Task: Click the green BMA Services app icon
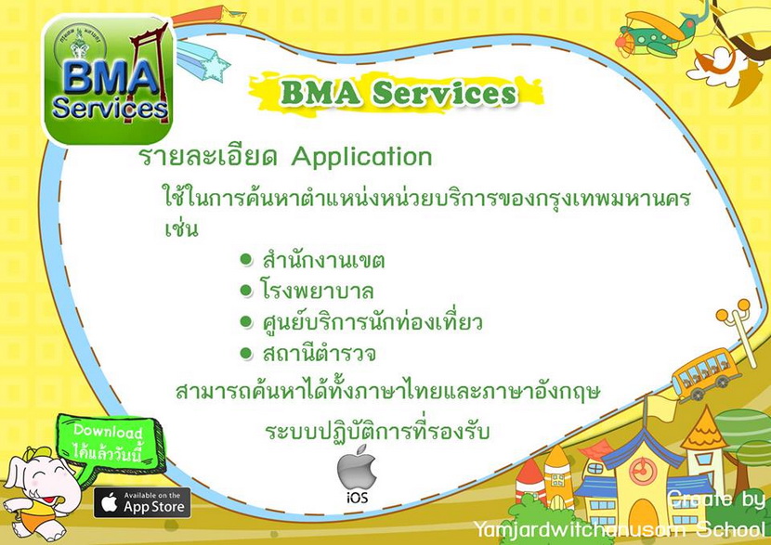109,80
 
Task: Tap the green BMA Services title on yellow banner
399,93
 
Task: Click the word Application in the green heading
362,157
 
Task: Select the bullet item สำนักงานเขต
323,261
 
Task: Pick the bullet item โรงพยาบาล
316,291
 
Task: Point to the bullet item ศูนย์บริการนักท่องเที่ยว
372,322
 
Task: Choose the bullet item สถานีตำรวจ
320,353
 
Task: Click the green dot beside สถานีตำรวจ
246,353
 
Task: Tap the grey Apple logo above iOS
357,467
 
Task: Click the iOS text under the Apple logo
357,498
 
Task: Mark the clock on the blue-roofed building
641,472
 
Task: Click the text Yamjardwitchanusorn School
620,529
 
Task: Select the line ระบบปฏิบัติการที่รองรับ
378,432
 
